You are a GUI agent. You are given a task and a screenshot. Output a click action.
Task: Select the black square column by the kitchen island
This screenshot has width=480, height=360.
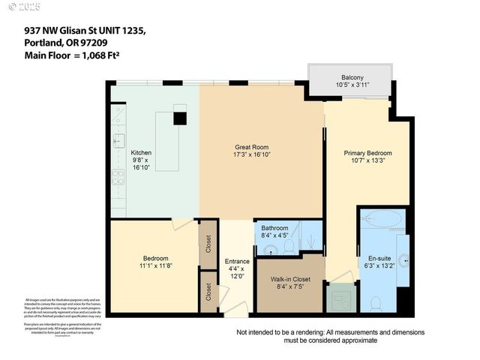[x=180, y=118]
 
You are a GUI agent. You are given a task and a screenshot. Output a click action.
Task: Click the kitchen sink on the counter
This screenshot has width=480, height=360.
[x=118, y=139]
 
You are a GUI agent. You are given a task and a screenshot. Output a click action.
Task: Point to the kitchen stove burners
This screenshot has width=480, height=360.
[x=118, y=177]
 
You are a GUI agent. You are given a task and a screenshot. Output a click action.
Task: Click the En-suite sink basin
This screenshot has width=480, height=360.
[x=403, y=260]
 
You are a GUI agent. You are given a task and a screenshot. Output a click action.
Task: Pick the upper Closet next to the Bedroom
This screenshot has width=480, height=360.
[x=208, y=244]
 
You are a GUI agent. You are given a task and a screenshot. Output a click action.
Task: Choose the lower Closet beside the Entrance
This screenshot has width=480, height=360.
[x=208, y=295]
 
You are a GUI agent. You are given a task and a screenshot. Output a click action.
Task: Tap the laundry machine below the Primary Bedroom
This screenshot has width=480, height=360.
[x=342, y=298]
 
